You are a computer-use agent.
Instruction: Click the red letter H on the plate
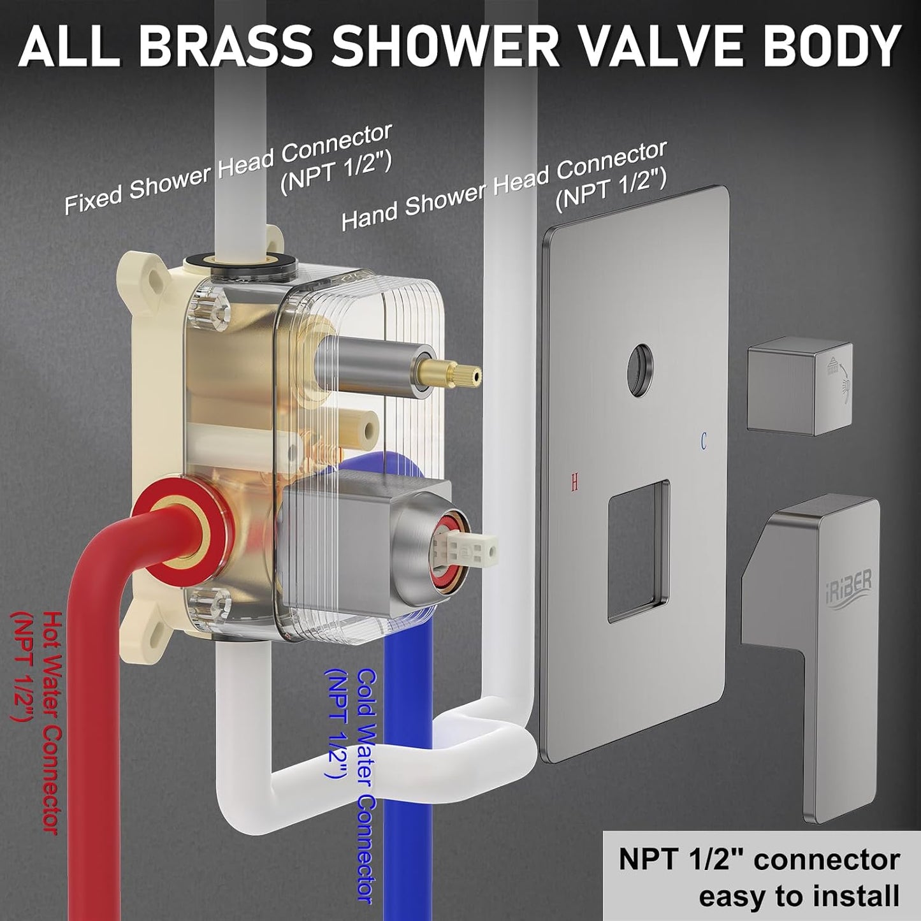[x=574, y=484]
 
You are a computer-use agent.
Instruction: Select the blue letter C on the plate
[x=704, y=440]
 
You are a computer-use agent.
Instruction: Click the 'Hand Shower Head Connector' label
[x=504, y=186]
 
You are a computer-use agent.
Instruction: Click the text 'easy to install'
[x=799, y=896]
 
